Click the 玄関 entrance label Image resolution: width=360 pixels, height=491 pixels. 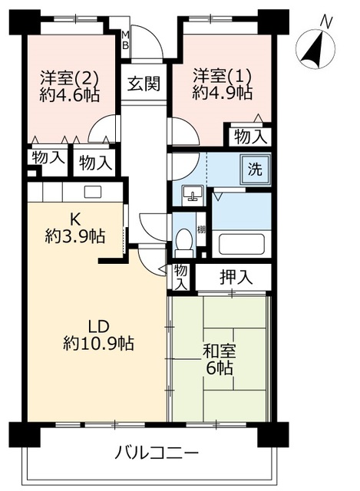coord(144,84)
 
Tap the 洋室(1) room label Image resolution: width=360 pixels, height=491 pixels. coord(222,77)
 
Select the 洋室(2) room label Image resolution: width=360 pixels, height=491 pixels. coord(69,78)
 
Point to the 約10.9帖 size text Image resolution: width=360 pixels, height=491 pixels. coord(99,344)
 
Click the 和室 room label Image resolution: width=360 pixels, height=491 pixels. coord(219,351)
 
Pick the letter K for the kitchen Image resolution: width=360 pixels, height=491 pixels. coord(74,220)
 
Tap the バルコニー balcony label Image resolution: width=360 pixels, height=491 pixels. coord(157,453)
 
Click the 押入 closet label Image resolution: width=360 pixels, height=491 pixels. coord(236,278)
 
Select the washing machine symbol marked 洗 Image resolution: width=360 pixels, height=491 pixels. coord(255,170)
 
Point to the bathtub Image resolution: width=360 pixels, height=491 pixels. coord(241,244)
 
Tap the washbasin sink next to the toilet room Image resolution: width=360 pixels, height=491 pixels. coord(193,196)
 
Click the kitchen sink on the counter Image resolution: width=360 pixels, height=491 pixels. coord(93,192)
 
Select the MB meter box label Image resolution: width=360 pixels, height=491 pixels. coord(125,40)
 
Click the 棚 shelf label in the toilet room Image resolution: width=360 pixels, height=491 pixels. coord(201,230)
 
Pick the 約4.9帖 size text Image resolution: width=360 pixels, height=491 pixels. coord(222,93)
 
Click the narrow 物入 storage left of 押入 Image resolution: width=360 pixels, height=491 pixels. coord(180,277)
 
